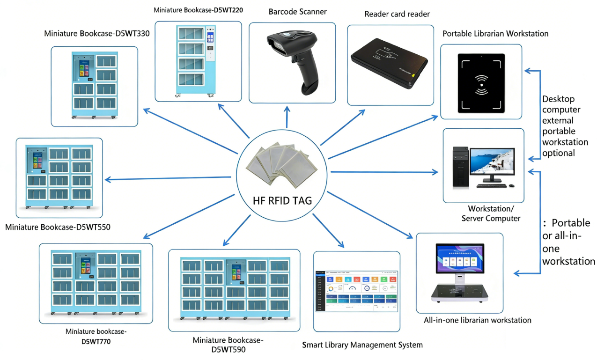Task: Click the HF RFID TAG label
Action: pyautogui.click(x=282, y=201)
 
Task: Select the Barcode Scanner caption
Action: pyautogui.click(x=297, y=12)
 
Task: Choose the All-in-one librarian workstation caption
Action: pyautogui.click(x=478, y=320)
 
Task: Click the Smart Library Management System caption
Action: pyautogui.click(x=362, y=345)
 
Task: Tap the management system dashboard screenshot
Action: pyautogui.click(x=356, y=290)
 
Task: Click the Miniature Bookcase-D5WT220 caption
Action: pyautogui.click(x=198, y=9)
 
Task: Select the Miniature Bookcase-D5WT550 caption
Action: pyautogui.click(x=58, y=228)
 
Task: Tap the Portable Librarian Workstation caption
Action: pyautogui.click(x=495, y=34)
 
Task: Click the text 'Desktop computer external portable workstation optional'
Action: pyautogui.click(x=565, y=126)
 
